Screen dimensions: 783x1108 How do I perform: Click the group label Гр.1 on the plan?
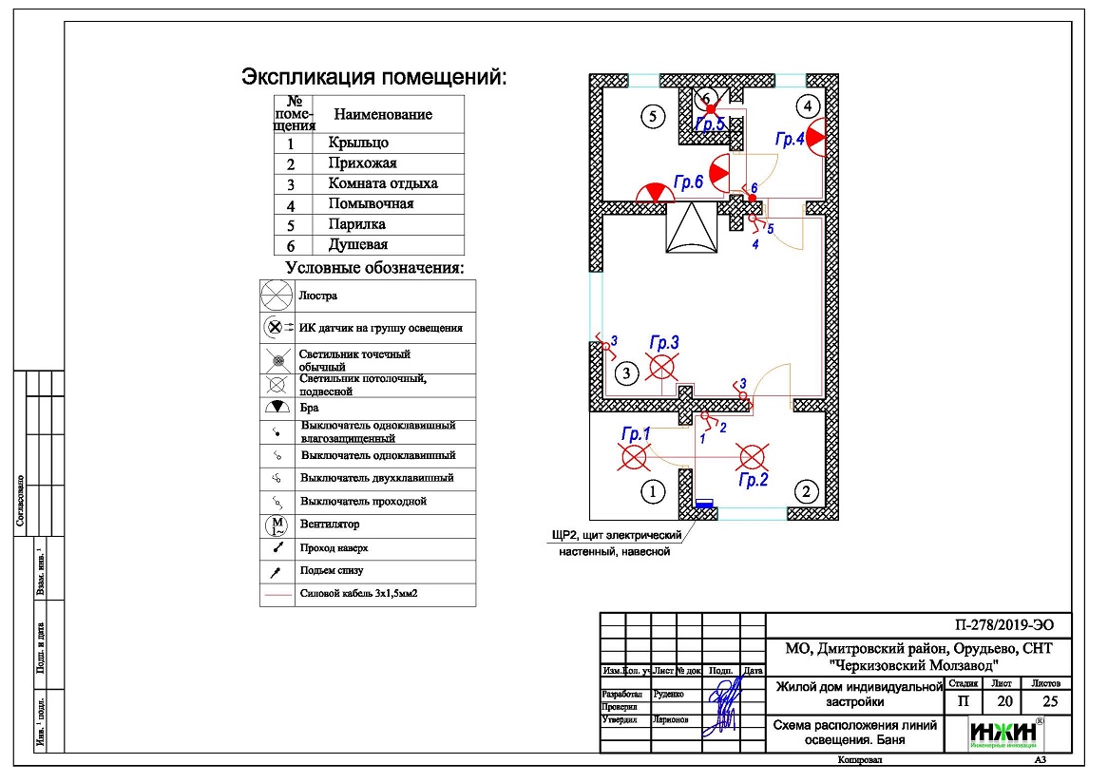tap(635, 434)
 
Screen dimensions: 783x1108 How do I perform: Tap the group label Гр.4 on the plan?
tap(790, 140)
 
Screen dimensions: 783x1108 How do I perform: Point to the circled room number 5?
tap(651, 117)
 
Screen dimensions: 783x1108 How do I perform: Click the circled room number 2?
tap(806, 491)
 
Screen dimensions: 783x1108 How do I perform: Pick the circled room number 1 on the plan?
tap(652, 491)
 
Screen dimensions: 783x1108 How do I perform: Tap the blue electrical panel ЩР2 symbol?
tap(704, 504)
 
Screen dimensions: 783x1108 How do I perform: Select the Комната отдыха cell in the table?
tap(383, 183)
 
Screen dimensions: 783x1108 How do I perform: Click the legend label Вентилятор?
tap(330, 524)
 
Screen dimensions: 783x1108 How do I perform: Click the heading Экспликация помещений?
tap(374, 76)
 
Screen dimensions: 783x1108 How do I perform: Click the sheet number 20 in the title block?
tap(1002, 702)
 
